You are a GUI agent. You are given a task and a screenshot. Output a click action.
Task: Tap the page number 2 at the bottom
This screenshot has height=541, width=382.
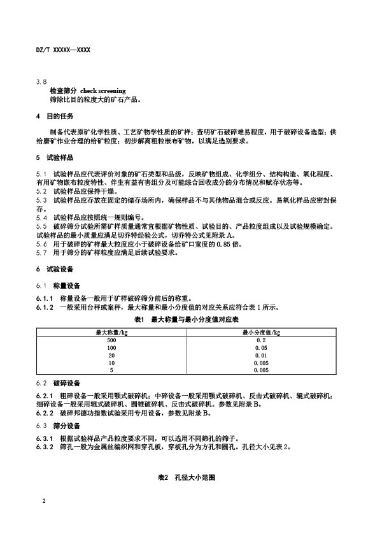[x=43, y=501]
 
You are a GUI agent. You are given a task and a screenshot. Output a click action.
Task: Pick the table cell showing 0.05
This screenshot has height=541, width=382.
[x=261, y=347]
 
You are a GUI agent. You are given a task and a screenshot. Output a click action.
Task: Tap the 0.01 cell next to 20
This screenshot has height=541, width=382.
[x=261, y=355]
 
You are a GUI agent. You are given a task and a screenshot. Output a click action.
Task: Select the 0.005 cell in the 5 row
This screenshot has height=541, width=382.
[x=261, y=370]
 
